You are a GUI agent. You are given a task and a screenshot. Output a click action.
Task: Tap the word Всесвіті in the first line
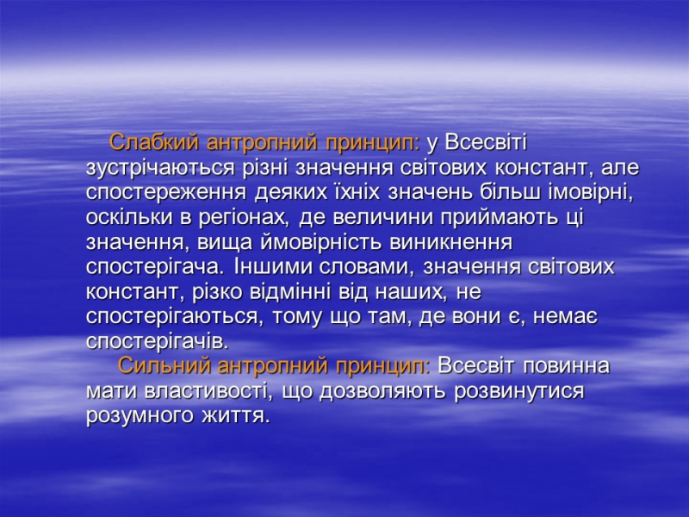coord(486,142)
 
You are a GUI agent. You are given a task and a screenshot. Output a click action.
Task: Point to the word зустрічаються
coord(160,168)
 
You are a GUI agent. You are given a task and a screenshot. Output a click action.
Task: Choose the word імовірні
coord(591,193)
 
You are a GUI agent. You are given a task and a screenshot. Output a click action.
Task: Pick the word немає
coord(565,317)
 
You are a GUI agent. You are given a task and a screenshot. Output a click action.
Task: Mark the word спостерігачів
coord(158,341)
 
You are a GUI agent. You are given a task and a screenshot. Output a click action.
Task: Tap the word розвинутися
coord(519,391)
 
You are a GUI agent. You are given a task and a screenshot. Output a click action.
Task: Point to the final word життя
coord(235,416)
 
